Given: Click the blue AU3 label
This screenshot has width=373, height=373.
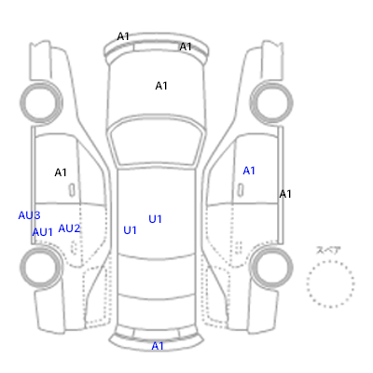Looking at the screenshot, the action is pyautogui.click(x=29, y=215).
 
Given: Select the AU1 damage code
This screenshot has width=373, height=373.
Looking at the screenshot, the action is pyautogui.click(x=43, y=232).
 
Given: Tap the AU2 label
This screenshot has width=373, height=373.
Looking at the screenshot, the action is pyautogui.click(x=69, y=228).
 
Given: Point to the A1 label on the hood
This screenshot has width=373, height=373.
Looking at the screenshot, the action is pyautogui.click(x=161, y=86).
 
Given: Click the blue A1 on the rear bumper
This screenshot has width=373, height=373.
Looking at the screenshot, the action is pyautogui.click(x=158, y=346).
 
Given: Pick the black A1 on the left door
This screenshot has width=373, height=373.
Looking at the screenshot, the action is pyautogui.click(x=61, y=173).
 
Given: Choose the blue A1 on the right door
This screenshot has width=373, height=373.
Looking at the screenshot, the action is pyautogui.click(x=249, y=171).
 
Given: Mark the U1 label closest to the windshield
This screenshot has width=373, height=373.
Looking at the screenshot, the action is pyautogui.click(x=156, y=219).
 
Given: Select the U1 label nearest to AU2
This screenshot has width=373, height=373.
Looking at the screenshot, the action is pyautogui.click(x=130, y=230).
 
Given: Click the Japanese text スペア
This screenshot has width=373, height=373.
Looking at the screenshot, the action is pyautogui.click(x=328, y=250).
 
